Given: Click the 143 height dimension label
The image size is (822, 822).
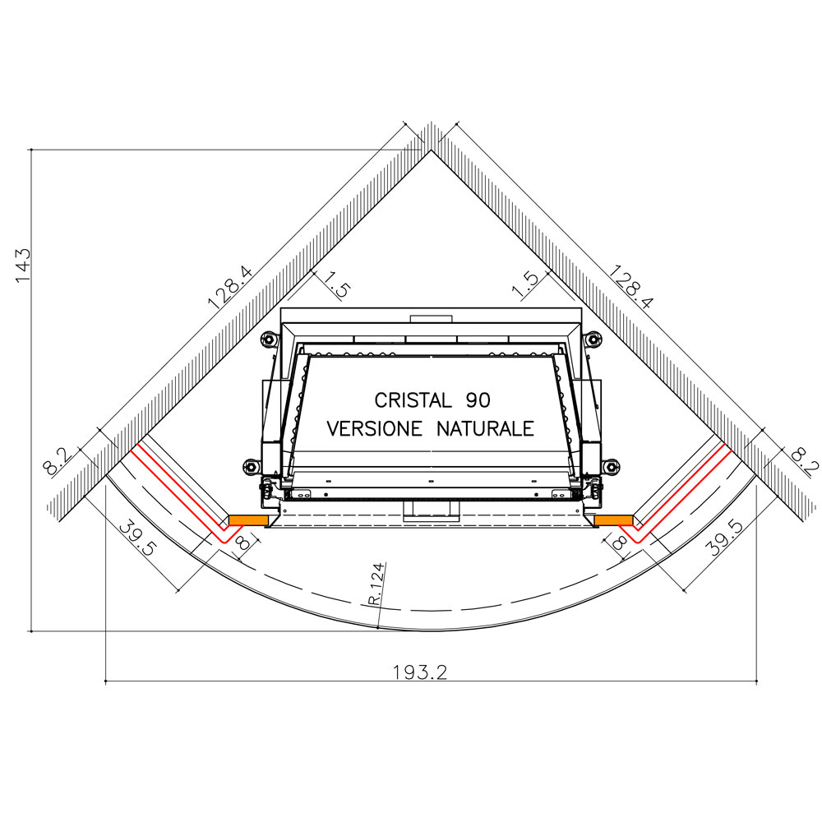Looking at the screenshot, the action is (24, 265).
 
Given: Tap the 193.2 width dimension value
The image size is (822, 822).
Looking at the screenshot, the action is (420, 672).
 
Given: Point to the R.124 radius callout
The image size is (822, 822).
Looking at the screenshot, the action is (376, 584).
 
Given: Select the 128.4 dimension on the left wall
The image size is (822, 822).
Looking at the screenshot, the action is (230, 287).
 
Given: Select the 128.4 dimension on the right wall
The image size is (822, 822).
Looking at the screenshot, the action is (630, 286).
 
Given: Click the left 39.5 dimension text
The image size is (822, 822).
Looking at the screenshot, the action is (138, 538).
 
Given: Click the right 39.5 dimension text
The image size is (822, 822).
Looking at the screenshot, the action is (724, 537).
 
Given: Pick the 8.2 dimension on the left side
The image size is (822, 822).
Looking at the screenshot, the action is (57, 460).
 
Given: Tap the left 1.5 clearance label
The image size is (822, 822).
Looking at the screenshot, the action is (336, 284).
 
